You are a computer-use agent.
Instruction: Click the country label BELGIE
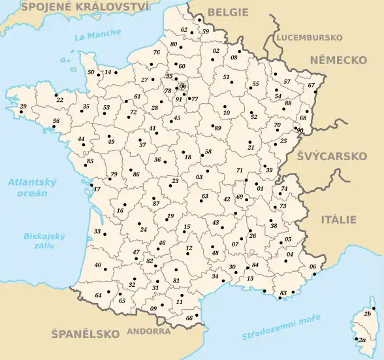pyautogui.click(x=228, y=12)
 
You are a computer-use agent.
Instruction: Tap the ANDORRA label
pyautogui.click(x=150, y=331)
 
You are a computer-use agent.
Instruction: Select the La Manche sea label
pyautogui.click(x=98, y=35)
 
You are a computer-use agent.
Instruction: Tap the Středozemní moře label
pyautogui.click(x=281, y=327)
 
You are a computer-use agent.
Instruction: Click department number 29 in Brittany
pyautogui.click(x=23, y=106)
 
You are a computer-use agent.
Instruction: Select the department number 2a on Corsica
pyautogui.click(x=361, y=340)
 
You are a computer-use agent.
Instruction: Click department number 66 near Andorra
pyautogui.click(x=189, y=318)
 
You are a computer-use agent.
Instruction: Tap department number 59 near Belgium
pyautogui.click(x=206, y=31)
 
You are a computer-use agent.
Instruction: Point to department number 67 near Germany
pyautogui.click(x=311, y=85)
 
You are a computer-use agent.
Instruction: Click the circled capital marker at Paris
pyautogui.click(x=183, y=86)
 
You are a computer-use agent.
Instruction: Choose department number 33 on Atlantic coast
pyautogui.click(x=97, y=231)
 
